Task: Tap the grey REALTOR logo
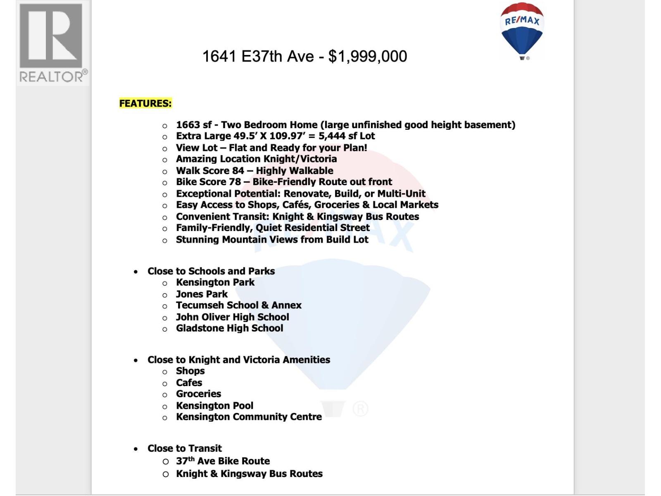[52, 43]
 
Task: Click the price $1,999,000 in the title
[368, 56]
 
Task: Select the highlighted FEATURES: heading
[145, 103]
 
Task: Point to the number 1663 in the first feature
[188, 125]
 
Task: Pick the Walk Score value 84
[238, 171]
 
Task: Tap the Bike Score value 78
[235, 182]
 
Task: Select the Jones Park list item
[202, 294]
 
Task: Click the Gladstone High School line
[229, 328]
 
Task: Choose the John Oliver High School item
[232, 317]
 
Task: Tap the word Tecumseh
[197, 305]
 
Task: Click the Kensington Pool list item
[214, 405]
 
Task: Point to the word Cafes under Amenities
[189, 383]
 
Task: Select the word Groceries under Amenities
[198, 394]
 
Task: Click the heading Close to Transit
[184, 448]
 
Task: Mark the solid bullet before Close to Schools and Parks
[136, 272]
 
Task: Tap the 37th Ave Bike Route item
[223, 461]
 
